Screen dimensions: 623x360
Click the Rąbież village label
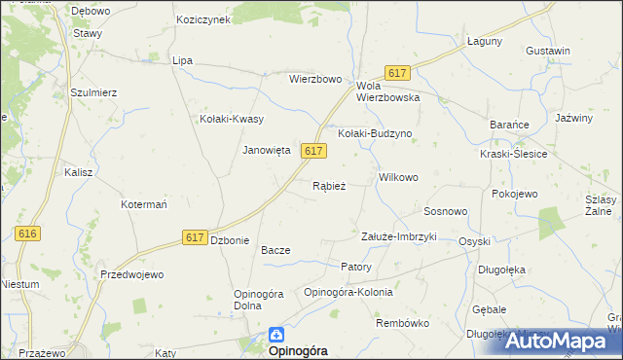[x=329, y=186]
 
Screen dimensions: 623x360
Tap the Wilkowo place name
[x=398, y=178]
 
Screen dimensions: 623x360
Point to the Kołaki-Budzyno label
[x=376, y=133]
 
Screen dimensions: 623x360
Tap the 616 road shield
[x=27, y=234]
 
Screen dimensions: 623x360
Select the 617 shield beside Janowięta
[x=312, y=151]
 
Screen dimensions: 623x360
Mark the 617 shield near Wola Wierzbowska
[x=396, y=73]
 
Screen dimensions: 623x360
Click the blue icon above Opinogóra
[x=276, y=333]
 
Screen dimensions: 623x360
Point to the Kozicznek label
[x=202, y=19]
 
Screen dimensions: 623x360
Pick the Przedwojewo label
[x=131, y=275]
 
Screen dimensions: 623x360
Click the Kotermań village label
[x=145, y=205]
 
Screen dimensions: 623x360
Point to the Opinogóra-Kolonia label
[x=348, y=292]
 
